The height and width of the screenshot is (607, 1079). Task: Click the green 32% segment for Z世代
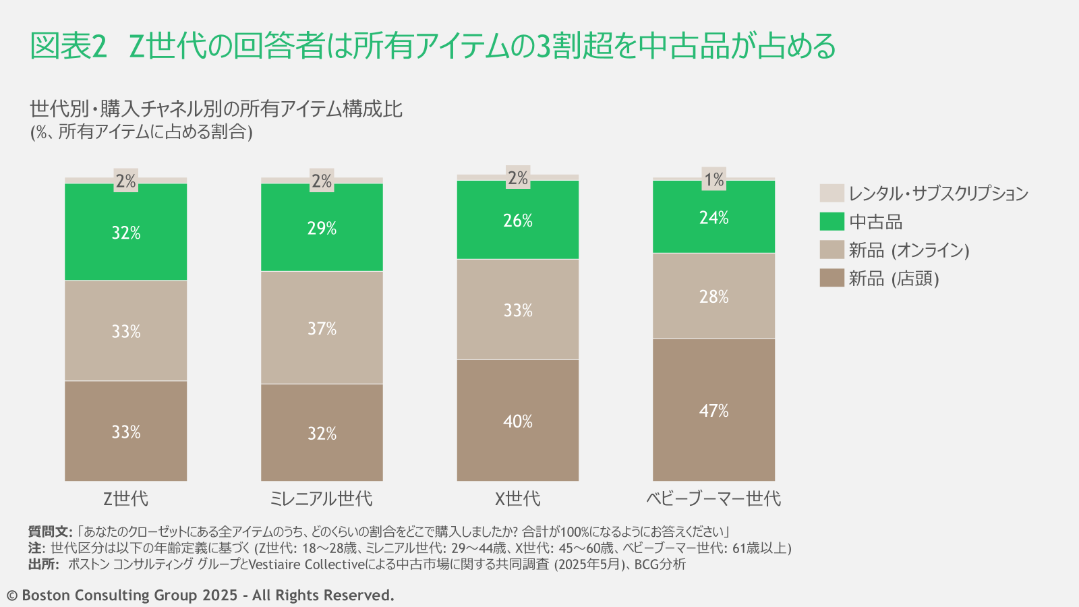click(x=125, y=232)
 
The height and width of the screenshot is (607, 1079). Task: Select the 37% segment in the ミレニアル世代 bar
click(x=322, y=328)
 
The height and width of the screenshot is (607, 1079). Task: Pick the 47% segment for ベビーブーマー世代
click(x=713, y=409)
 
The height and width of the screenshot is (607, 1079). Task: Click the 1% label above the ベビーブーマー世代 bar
click(x=713, y=179)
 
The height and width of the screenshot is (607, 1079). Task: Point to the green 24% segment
click(x=713, y=217)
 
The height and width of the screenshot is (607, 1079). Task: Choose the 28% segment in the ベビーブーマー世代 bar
click(x=713, y=296)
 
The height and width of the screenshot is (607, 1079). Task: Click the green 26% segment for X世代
click(x=517, y=220)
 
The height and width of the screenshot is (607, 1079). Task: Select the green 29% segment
click(x=322, y=228)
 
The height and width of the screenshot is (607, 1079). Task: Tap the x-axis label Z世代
click(x=125, y=498)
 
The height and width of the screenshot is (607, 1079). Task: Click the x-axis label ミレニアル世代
click(x=321, y=498)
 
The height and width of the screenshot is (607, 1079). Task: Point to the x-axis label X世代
click(x=517, y=498)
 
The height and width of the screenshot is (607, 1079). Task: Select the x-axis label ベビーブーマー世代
click(x=713, y=498)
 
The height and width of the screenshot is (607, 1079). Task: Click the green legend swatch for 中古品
click(x=832, y=221)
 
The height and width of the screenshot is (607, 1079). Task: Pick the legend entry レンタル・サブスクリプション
click(x=938, y=194)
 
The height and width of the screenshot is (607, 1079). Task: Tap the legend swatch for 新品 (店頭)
click(x=832, y=278)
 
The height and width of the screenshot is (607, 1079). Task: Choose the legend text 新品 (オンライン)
click(x=908, y=250)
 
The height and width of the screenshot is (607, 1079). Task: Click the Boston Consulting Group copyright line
click(x=200, y=595)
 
